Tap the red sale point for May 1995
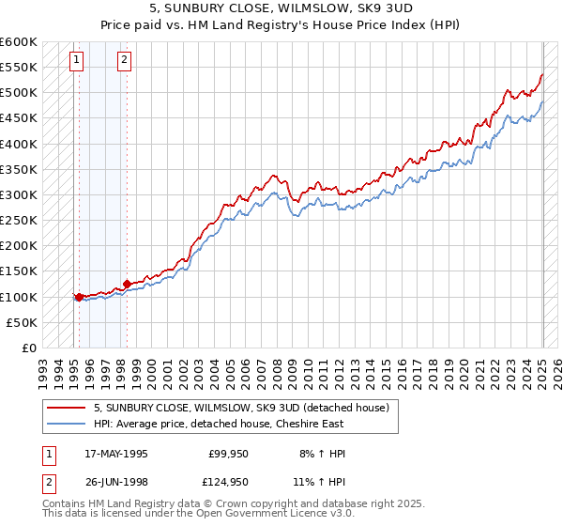(x=79, y=297)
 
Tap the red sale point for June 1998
(x=127, y=284)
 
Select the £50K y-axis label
(x=22, y=322)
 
